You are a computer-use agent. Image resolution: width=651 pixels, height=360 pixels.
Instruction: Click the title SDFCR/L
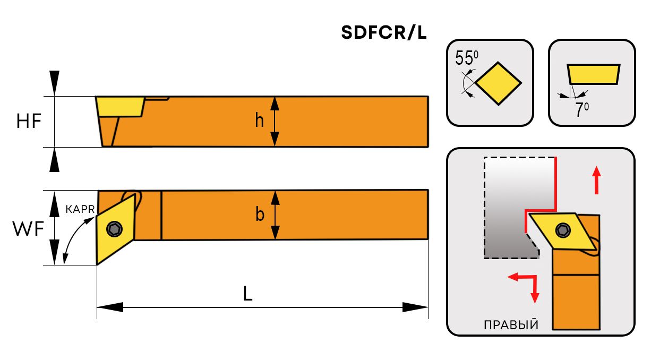click(384, 33)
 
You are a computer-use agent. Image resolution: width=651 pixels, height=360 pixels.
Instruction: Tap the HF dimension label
click(29, 122)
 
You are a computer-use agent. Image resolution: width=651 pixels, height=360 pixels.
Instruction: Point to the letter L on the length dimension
click(247, 294)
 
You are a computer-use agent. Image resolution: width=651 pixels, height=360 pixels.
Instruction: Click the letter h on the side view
click(259, 121)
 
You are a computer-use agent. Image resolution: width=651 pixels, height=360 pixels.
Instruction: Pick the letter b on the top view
click(260, 215)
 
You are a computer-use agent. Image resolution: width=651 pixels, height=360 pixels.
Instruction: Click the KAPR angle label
click(80, 210)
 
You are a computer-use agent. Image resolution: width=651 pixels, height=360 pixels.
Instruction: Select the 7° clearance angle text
click(582, 109)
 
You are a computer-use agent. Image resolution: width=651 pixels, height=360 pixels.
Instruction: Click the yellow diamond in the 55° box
click(498, 83)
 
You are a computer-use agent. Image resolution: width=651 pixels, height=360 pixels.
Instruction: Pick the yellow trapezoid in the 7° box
click(594, 74)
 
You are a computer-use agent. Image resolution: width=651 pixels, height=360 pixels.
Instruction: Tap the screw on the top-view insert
click(114, 229)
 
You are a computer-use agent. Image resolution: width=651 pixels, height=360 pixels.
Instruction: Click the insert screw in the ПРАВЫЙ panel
click(562, 230)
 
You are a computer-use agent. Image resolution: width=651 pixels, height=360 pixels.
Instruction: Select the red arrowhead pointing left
click(512, 277)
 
